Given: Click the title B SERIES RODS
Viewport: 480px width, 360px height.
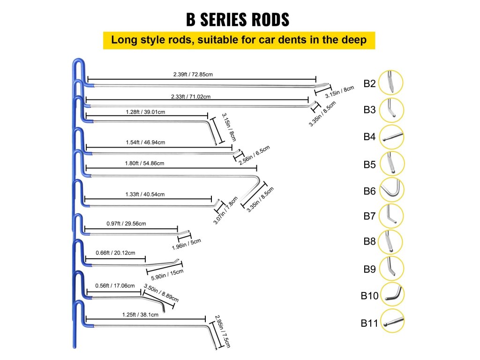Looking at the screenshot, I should click(x=238, y=20).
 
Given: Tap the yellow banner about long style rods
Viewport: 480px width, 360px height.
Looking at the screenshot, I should click(x=239, y=40).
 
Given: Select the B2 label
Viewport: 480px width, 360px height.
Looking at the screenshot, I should click(x=369, y=84).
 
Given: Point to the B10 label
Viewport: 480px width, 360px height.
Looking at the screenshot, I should click(x=368, y=296).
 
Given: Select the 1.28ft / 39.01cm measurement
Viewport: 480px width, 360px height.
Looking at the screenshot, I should click(x=145, y=112).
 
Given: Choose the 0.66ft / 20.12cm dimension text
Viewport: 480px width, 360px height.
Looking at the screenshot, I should click(x=115, y=253).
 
